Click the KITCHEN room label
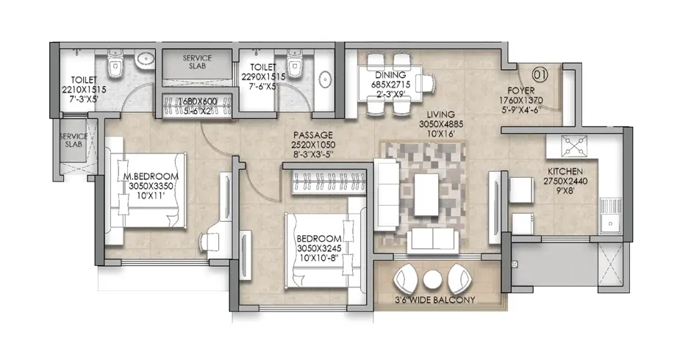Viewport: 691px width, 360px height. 565,171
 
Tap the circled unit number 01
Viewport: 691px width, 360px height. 540,75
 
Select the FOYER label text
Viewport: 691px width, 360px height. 521,91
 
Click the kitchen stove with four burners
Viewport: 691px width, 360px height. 574,146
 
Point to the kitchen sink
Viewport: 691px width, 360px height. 610,219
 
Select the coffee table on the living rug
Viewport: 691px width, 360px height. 426,194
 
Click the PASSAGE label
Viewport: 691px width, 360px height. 313,135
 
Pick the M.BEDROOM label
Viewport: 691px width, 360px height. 151,177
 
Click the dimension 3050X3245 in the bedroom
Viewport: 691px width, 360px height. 319,248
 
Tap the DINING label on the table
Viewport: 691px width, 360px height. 390,75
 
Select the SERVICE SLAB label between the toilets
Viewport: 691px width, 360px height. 197,62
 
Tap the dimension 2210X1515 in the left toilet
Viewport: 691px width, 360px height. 84,90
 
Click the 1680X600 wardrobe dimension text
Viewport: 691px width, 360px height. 198,101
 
